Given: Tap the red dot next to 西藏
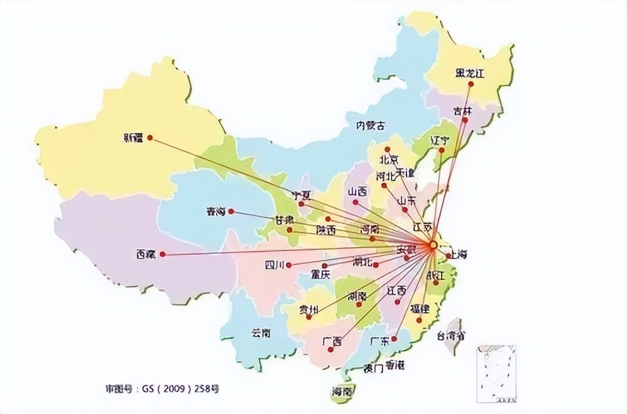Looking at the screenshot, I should point(162,254).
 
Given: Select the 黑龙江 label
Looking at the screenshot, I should point(471,73).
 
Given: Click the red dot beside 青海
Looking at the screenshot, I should point(231,211).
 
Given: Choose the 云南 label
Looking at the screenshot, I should point(260,333).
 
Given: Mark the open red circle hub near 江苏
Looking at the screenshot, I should point(433,245).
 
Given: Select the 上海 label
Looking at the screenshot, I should point(458,255).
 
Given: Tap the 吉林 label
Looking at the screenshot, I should point(462,110).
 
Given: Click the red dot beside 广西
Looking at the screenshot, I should point(330,350).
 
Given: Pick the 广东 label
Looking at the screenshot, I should point(379,341).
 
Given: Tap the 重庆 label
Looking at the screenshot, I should point(320,274).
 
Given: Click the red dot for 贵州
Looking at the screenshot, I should point(308,317).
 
